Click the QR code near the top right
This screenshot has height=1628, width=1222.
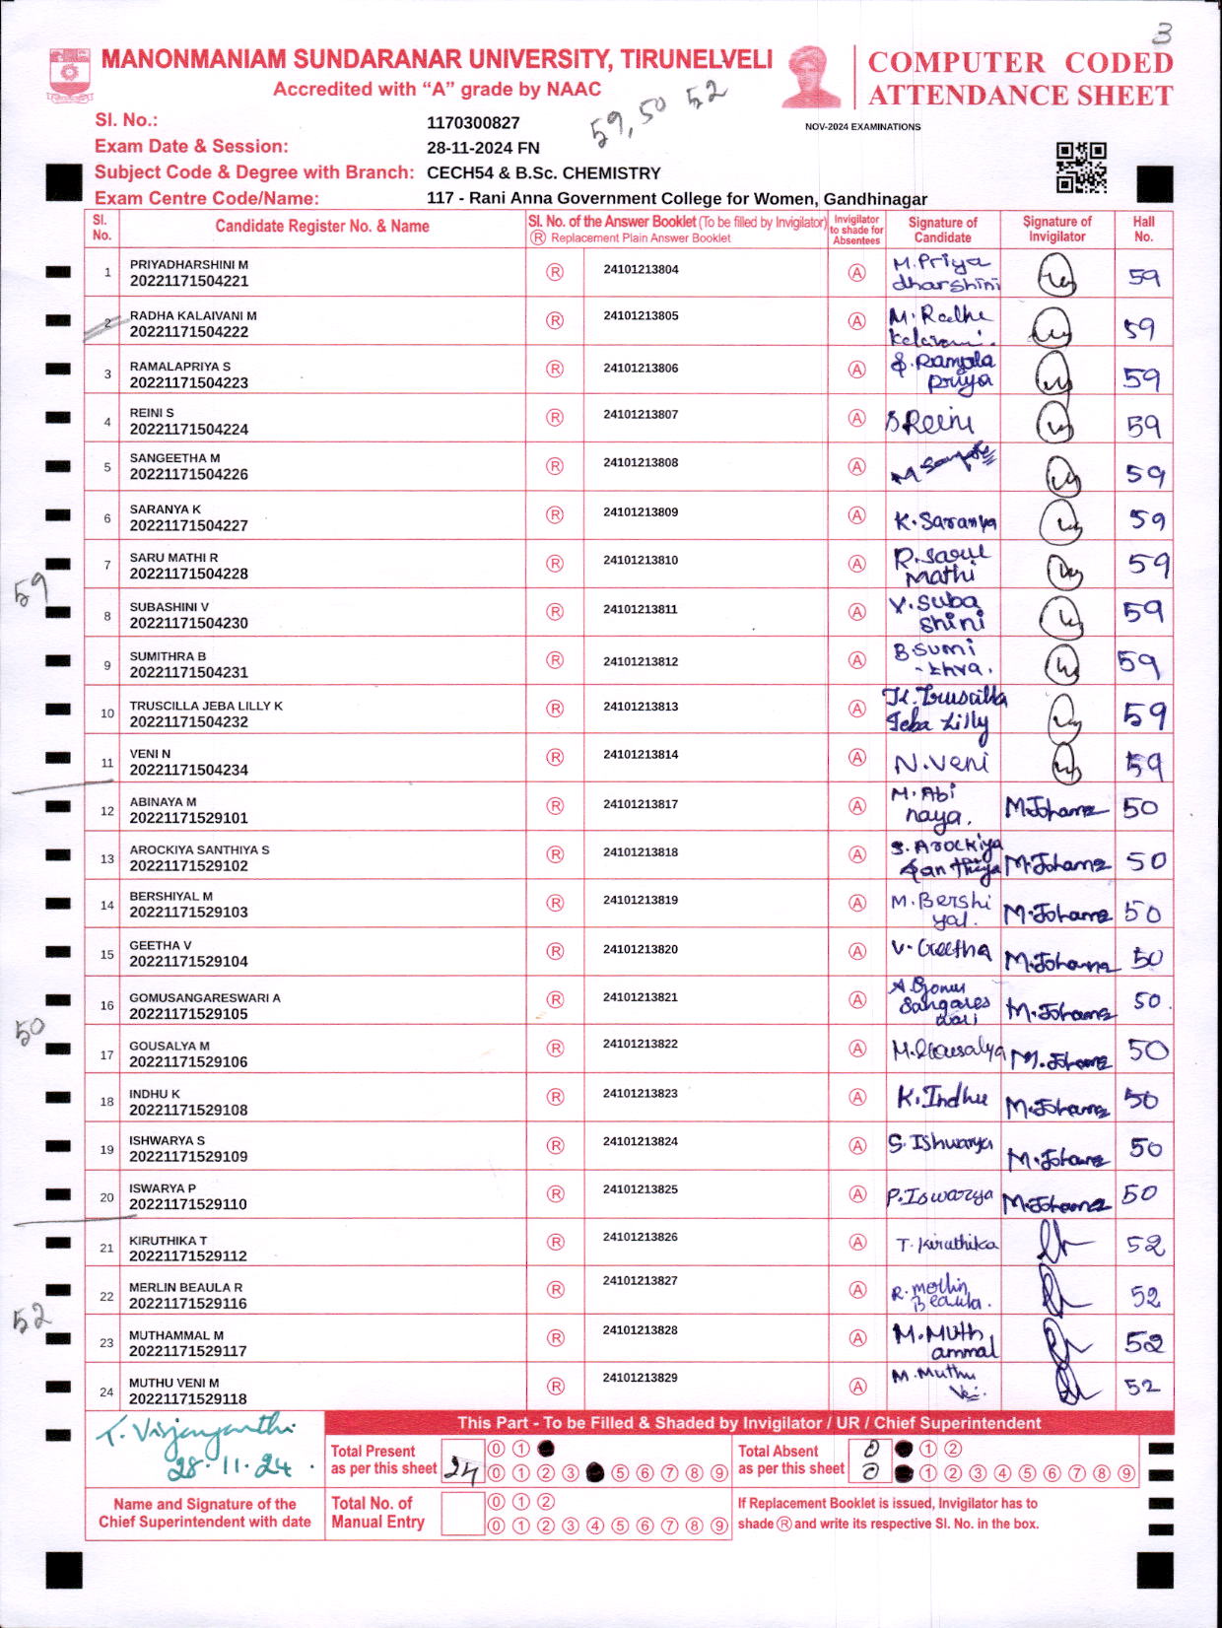(1081, 168)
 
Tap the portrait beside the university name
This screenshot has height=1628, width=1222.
(812, 76)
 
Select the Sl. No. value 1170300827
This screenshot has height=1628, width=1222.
(473, 123)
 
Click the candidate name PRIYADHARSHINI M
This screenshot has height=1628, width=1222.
(189, 265)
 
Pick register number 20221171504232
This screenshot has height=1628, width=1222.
(189, 722)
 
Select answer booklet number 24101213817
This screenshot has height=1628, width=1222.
(641, 804)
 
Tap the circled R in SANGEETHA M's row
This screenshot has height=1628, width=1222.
(555, 466)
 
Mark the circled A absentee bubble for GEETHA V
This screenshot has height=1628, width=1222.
(857, 951)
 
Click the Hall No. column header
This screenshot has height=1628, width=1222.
(1143, 229)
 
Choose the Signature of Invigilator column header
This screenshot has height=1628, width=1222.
(1056, 229)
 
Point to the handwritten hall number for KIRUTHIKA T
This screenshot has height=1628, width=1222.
(1145, 1246)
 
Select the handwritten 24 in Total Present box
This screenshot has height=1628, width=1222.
(460, 1469)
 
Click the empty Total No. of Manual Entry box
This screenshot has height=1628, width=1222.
(461, 1513)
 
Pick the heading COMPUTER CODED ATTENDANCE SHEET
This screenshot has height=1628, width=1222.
(1020, 79)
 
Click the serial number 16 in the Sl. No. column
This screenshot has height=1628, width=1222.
(106, 1006)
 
